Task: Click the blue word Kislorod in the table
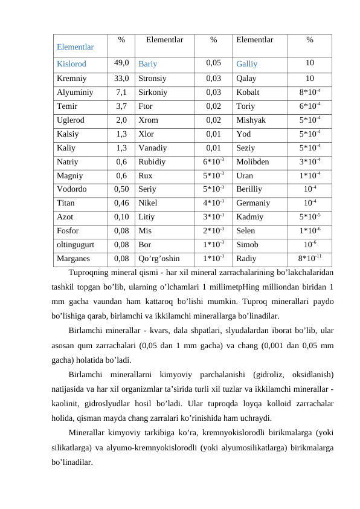coord(71,63)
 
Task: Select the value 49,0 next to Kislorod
coord(121,62)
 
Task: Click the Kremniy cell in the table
coord(71,78)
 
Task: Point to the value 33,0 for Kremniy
coord(121,78)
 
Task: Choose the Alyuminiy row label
coord(74,93)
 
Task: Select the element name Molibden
coord(253,161)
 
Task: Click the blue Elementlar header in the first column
coord(75,46)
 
